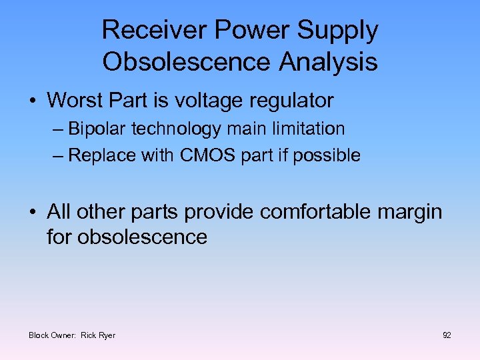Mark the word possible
click(x=329, y=155)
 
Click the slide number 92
click(x=447, y=335)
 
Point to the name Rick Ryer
click(x=98, y=335)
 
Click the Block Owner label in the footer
click(x=53, y=335)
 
